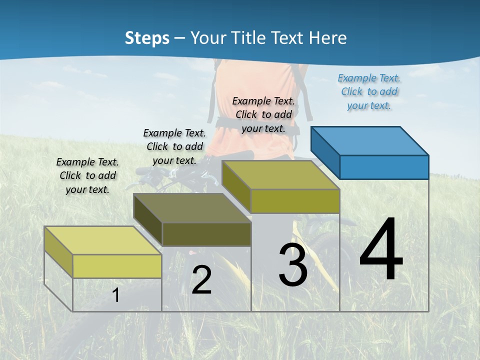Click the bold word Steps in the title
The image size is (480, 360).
point(146,38)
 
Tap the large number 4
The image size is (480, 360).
point(381,250)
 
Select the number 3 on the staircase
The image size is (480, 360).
point(293,265)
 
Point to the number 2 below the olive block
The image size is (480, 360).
point(201,280)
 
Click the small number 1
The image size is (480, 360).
point(115,295)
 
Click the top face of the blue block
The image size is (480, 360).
point(370,140)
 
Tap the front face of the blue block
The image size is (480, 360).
point(384,167)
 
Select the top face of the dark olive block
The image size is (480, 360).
point(192,207)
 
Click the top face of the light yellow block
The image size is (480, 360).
point(103,240)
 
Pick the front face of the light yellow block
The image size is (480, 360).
point(117,266)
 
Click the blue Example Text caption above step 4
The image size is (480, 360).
point(369,91)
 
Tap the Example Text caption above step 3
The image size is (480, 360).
point(263,114)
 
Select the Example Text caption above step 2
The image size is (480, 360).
point(174,146)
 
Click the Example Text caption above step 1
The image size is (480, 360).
point(87,175)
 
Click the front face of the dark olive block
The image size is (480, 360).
point(206,234)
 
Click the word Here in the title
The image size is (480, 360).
point(328,38)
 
